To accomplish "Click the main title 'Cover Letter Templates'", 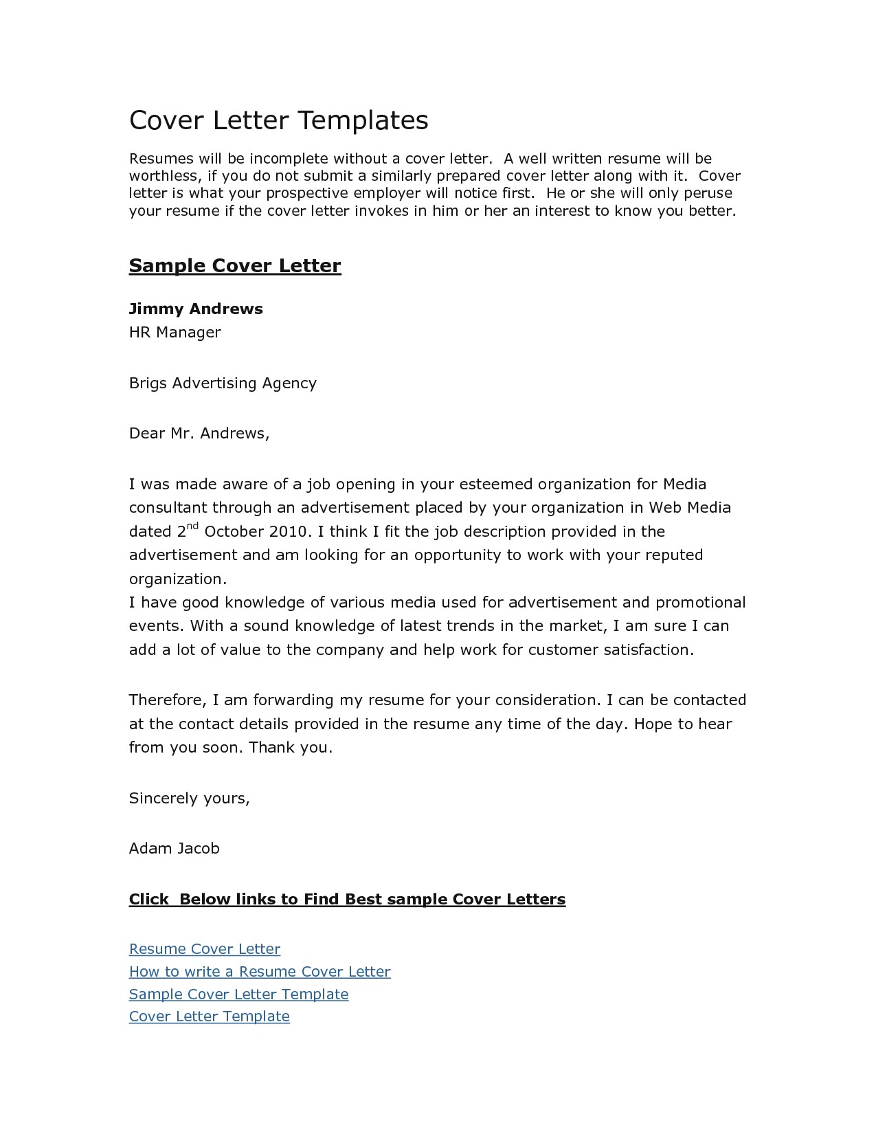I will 278,120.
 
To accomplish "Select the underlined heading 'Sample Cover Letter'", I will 235,266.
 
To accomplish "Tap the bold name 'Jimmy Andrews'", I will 196,309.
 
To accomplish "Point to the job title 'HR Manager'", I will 175,333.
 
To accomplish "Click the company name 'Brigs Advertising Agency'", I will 223,383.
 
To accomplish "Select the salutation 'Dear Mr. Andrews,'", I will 199,433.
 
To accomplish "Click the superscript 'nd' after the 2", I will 193,526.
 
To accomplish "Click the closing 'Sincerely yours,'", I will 190,798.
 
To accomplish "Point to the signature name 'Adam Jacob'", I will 175,848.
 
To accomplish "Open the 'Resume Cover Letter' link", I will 205,949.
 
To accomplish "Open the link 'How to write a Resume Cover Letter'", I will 260,972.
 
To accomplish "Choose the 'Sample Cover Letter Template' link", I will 238,994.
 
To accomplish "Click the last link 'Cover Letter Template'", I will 209,1016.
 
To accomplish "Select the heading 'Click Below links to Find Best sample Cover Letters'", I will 347,899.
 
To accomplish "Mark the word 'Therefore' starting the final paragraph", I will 166,700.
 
